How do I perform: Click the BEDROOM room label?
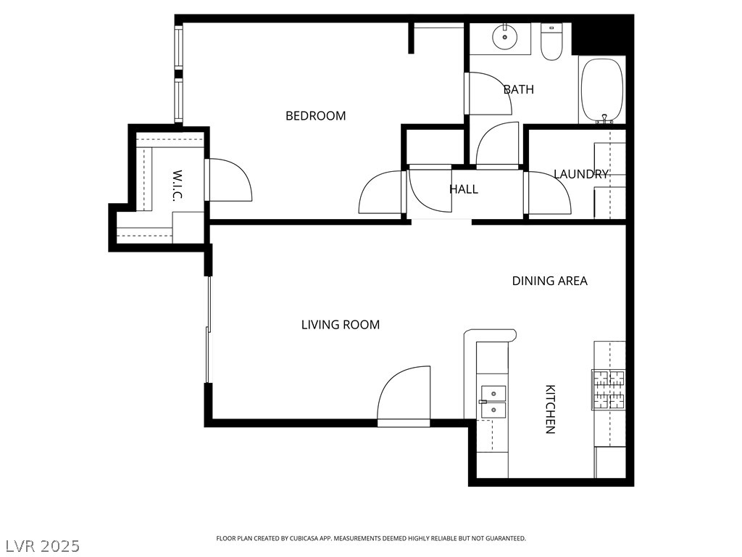pyautogui.click(x=316, y=115)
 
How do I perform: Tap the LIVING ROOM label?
pyautogui.click(x=341, y=324)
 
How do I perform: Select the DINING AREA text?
pyautogui.click(x=549, y=281)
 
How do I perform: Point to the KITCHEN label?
pyautogui.click(x=551, y=409)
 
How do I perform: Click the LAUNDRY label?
pyautogui.click(x=580, y=174)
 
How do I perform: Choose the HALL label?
pyautogui.click(x=463, y=189)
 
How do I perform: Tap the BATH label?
pyautogui.click(x=518, y=89)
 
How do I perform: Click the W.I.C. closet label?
pyautogui.click(x=177, y=186)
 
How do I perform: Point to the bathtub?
pyautogui.click(x=602, y=91)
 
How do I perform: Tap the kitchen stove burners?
pyautogui.click(x=609, y=389)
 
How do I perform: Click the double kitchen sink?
pyautogui.click(x=493, y=402)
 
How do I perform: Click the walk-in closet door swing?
pyautogui.click(x=230, y=180)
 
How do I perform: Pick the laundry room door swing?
pyautogui.click(x=549, y=193)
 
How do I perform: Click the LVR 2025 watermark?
pyautogui.click(x=41, y=546)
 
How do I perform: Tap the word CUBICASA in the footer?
pyautogui.click(x=307, y=539)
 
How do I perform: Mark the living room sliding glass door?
pyautogui.click(x=208, y=329)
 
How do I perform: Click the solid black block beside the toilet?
pyautogui.click(x=601, y=35)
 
